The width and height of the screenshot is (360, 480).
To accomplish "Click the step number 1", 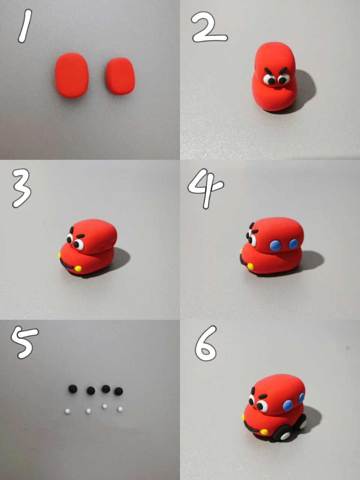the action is pyautogui.click(x=25, y=26).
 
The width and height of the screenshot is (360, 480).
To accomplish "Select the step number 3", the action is pyautogui.click(x=22, y=189).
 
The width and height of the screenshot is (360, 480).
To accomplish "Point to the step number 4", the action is pyautogui.click(x=205, y=189).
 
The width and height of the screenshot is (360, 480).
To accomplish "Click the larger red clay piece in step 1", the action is pyautogui.click(x=72, y=75).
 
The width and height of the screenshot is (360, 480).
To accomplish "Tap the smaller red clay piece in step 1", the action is pyautogui.click(x=120, y=76).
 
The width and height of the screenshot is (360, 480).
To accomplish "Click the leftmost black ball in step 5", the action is pyautogui.click(x=73, y=389).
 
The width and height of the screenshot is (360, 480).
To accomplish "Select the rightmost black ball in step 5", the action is pyautogui.click(x=119, y=391).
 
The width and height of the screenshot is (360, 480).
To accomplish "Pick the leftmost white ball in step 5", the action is pyautogui.click(x=67, y=411).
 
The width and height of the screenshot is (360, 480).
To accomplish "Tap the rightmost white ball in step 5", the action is pyautogui.click(x=120, y=409).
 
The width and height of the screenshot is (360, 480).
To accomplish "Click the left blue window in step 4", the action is pyautogui.click(x=275, y=245).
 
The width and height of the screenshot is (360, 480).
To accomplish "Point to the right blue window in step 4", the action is pyautogui.click(x=293, y=244).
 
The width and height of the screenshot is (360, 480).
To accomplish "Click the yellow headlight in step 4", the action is pyautogui.click(x=250, y=266).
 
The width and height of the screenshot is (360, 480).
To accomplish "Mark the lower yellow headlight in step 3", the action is pyautogui.click(x=78, y=268).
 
